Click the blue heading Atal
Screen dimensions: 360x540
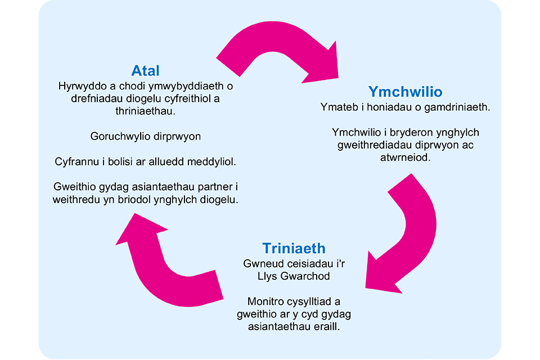tap(146, 71)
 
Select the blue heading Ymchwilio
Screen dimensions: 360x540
tap(405, 92)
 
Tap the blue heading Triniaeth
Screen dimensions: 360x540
tap(294, 249)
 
